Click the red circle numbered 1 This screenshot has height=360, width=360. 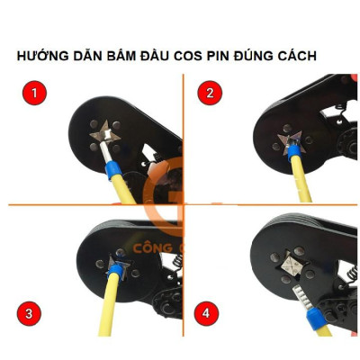(x=33, y=93)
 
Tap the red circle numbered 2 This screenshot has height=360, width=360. (x=210, y=93)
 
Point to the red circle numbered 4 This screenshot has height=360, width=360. (x=210, y=313)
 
